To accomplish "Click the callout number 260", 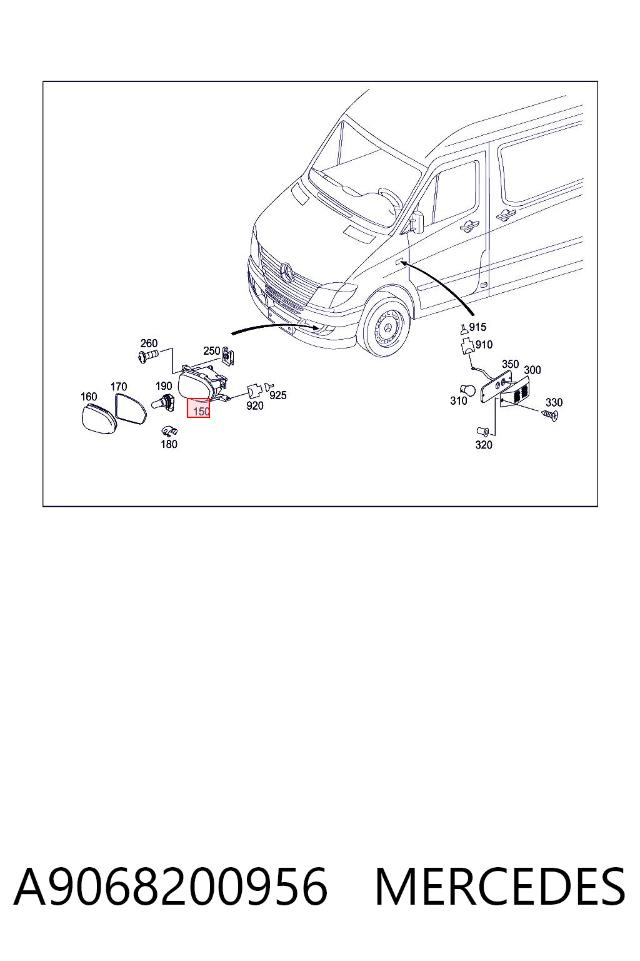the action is click(x=149, y=343).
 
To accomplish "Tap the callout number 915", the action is click(x=477, y=327).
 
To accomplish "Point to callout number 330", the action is click(x=554, y=402).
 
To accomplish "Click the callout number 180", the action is click(x=169, y=444).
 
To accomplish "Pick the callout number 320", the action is click(x=484, y=445).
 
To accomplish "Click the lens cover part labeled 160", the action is click(x=99, y=419).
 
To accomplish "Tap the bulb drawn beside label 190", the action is click(x=162, y=403).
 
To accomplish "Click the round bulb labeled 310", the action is click(x=467, y=390).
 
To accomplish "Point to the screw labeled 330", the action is click(x=549, y=415).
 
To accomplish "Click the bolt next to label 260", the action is click(x=149, y=355).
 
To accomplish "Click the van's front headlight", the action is click(x=335, y=295).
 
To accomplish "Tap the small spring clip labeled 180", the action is click(x=169, y=431).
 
